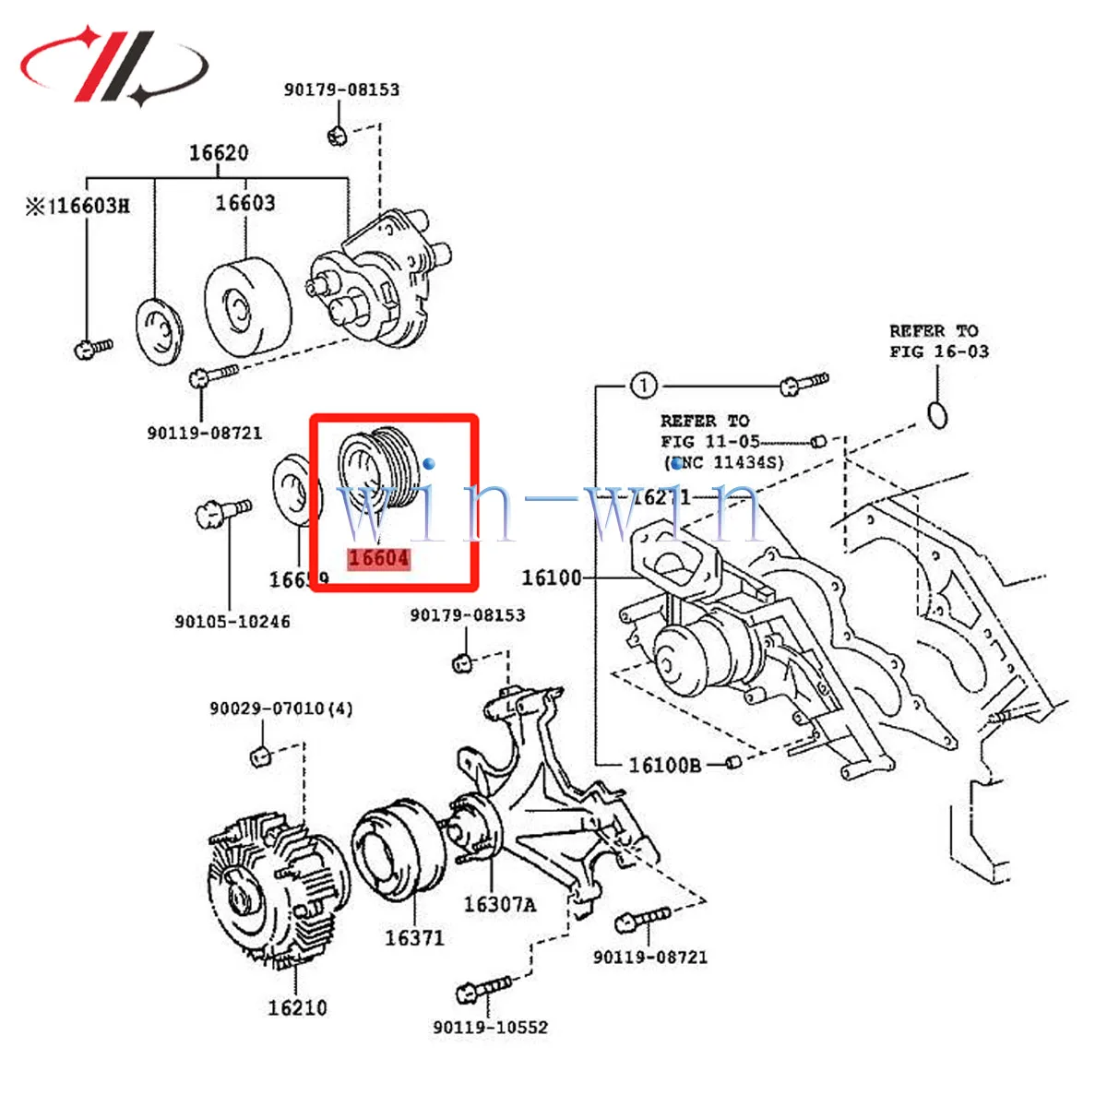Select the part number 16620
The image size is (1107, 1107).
click(219, 153)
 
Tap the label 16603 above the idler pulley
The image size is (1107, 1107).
click(245, 203)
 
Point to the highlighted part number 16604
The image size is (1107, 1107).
click(378, 558)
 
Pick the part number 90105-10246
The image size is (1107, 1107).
click(232, 622)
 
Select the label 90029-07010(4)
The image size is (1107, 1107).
click(280, 708)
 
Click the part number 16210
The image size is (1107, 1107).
click(297, 1007)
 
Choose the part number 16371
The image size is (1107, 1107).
click(414, 938)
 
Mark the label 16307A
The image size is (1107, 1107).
click(499, 905)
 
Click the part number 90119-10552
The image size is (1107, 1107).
click(490, 1027)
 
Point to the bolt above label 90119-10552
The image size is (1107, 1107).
click(483, 990)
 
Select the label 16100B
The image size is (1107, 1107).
click(664, 765)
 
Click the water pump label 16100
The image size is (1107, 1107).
click(552, 578)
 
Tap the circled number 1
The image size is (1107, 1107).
click(643, 385)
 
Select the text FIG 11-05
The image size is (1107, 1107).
click(710, 441)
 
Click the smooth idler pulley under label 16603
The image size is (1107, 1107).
click(245, 305)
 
